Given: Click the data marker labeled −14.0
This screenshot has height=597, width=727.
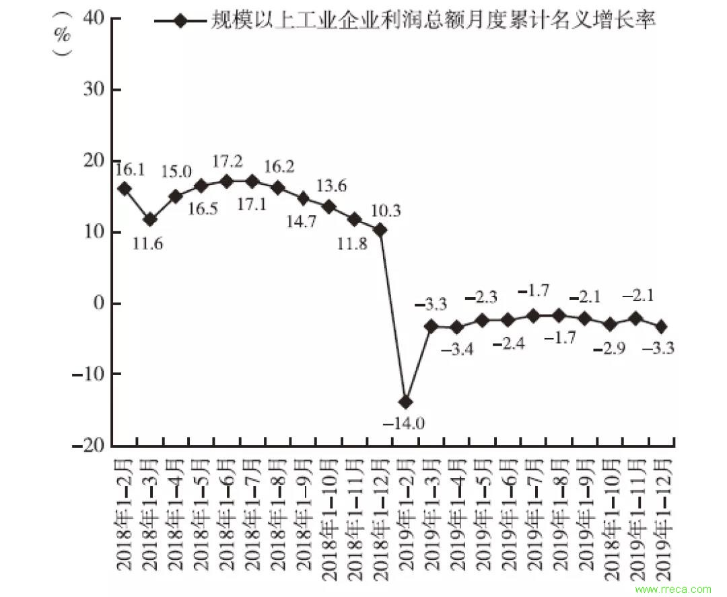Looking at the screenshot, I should tap(405, 401).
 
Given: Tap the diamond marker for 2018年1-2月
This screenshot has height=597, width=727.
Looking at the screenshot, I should tap(124, 189).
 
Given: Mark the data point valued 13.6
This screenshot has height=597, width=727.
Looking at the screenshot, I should tap(328, 206).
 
